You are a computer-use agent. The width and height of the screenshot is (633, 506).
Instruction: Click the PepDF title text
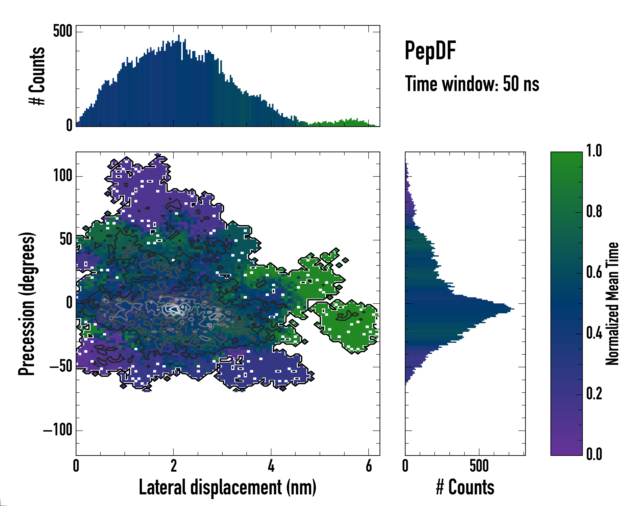point(430,51)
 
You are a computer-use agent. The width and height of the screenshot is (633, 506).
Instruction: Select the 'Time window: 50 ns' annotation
point(472,84)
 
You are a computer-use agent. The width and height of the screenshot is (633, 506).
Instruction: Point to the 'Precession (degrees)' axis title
point(27,303)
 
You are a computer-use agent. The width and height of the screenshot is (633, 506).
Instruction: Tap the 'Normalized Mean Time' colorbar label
point(612,303)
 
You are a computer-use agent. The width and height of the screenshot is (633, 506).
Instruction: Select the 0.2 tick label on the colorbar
point(594,393)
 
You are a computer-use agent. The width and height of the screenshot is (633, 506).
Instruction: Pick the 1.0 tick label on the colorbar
point(594,151)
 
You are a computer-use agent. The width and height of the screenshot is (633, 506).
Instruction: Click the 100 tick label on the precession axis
point(62,176)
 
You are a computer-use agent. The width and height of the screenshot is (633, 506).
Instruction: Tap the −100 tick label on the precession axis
point(58,430)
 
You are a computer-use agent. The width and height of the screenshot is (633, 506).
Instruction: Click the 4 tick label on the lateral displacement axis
point(271,466)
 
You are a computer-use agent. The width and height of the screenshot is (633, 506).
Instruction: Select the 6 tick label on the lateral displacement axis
point(369,466)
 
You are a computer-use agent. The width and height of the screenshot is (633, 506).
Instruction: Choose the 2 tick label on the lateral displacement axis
point(173,466)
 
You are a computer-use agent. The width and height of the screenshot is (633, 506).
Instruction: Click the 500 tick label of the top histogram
point(62,31)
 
